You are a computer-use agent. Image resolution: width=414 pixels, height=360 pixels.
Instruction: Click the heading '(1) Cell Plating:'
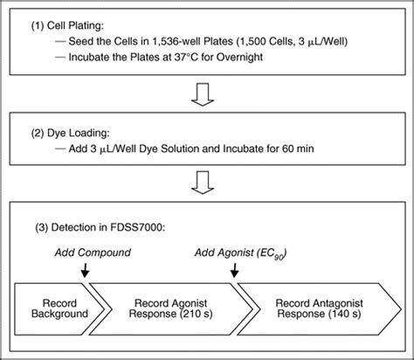(70, 24)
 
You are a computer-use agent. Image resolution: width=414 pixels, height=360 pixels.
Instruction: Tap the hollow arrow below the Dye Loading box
(207, 183)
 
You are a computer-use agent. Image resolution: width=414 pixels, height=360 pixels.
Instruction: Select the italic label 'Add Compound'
(83, 253)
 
